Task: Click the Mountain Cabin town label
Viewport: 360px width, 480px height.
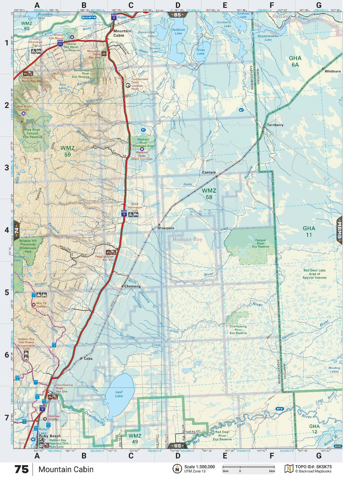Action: click(122, 33)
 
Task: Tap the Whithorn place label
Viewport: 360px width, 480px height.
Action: click(332, 71)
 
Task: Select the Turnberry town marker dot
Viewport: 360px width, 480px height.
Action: click(264, 127)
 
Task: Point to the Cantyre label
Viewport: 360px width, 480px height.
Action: click(209, 172)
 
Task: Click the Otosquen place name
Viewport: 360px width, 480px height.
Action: click(166, 228)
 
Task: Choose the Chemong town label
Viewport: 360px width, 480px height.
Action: click(132, 286)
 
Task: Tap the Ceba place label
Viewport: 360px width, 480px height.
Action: click(88, 359)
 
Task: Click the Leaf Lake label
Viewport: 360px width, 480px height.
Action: click(119, 394)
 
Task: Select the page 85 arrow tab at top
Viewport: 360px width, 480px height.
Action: click(177, 15)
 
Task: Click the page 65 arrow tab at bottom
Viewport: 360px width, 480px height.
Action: click(177, 446)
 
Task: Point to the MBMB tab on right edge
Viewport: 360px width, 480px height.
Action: click(339, 230)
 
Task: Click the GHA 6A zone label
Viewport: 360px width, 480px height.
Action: click(295, 61)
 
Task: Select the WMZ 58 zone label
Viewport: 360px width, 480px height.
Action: click(209, 194)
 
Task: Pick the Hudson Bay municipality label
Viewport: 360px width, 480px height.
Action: click(187, 239)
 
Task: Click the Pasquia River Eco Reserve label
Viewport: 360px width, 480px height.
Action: click(260, 243)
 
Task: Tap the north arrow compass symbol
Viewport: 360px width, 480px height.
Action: click(177, 469)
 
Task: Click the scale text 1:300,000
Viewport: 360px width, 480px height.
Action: click(199, 467)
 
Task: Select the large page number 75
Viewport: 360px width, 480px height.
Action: click(21, 469)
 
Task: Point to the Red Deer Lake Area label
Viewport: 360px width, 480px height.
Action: click(314, 274)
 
